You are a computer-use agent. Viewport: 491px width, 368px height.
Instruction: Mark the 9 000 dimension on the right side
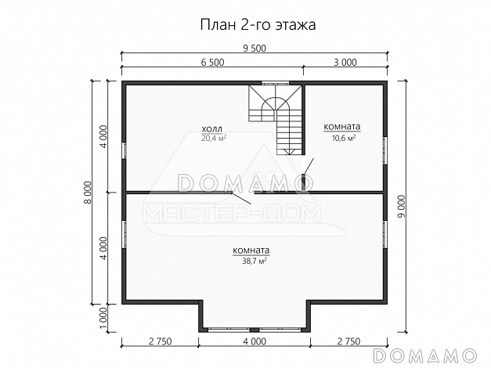click(402, 205)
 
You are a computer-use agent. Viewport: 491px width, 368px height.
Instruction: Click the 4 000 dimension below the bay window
click(255, 342)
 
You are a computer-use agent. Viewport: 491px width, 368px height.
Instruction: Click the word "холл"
click(211, 129)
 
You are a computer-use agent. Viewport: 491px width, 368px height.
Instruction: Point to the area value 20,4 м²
click(213, 139)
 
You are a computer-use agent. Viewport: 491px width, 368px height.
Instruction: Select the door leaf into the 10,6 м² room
click(310, 165)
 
